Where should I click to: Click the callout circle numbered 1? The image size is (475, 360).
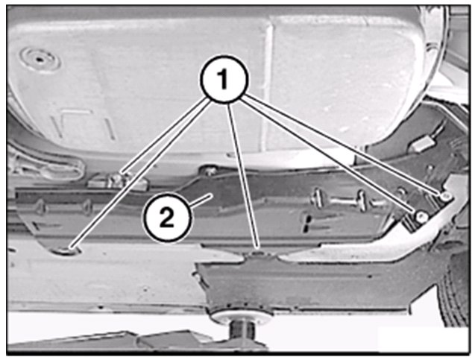coord(224,79)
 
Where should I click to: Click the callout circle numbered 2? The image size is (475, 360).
coord(167,218)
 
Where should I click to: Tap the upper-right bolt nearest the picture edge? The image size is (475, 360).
coord(445,197)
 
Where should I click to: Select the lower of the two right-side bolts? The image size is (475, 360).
coord(421,216)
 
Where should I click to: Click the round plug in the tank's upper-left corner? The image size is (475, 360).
coord(40,58)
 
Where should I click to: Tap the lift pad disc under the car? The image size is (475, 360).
coord(241,317)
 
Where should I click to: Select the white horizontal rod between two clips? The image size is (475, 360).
coord(339,200)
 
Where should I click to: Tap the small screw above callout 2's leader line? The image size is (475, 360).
coord(210,171)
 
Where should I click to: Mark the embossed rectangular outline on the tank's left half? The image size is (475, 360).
coord(84,124)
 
